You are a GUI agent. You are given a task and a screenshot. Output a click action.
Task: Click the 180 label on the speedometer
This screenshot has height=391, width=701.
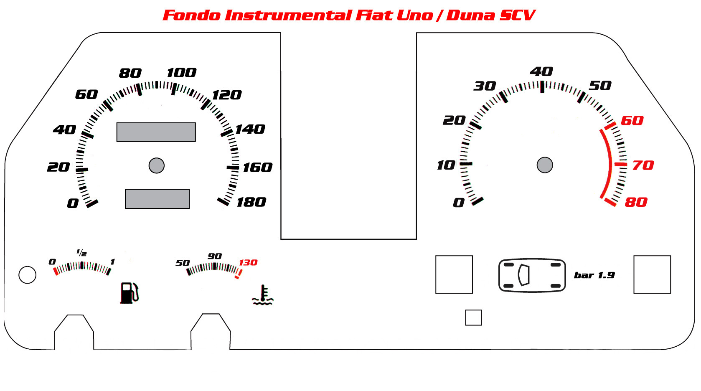point(251,202)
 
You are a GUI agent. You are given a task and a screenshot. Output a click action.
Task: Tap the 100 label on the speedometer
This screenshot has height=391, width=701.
point(181,73)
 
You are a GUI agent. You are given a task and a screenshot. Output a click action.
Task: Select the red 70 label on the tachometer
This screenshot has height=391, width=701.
point(643,165)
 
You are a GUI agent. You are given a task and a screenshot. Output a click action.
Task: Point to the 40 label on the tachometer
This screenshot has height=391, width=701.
point(541,72)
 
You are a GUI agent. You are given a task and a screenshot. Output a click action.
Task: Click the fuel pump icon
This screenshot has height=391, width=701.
point(129,293)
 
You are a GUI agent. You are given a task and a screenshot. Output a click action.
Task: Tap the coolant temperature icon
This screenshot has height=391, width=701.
point(263,295)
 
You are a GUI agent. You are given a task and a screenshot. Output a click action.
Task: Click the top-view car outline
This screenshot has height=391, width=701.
point(532,275)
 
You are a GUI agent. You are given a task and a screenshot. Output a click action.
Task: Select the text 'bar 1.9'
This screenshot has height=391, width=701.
point(594,275)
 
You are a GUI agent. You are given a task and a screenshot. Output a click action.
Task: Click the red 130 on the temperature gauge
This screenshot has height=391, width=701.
point(248,262)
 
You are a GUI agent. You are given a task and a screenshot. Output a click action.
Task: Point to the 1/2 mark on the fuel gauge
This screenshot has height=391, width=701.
point(81,252)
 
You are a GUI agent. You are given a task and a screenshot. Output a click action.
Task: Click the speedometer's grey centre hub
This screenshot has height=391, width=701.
point(157,165)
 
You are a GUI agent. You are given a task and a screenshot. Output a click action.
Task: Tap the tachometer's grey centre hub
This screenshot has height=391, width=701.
point(545,165)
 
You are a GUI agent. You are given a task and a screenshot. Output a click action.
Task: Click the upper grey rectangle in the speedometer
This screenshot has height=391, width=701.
point(156,132)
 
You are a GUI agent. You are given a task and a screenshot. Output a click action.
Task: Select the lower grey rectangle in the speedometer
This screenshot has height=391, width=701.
point(157,199)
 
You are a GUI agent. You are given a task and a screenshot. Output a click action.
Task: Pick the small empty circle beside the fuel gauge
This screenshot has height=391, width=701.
point(28,275)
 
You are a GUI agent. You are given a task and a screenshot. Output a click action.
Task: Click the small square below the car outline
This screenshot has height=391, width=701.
point(473,318)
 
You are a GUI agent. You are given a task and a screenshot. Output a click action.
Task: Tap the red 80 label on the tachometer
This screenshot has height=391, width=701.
point(636,202)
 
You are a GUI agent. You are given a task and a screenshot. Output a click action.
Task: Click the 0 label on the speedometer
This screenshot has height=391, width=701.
point(73,203)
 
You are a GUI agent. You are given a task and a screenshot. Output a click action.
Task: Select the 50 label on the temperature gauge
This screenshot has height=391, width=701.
point(183,263)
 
